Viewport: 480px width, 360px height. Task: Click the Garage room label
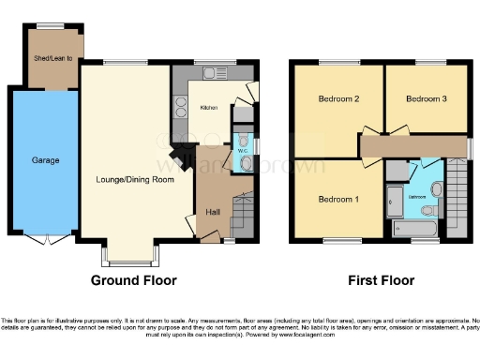[45, 160]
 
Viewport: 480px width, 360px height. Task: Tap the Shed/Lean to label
[55, 59]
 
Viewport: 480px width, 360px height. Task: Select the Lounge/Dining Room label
[135, 178]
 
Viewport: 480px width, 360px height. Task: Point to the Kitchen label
[209, 108]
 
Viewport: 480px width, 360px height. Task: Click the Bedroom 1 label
[337, 199]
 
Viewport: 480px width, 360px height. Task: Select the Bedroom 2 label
[337, 98]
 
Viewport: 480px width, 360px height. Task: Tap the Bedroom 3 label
[426, 98]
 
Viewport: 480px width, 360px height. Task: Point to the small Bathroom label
[417, 197]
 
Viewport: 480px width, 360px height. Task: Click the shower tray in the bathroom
[395, 199]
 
